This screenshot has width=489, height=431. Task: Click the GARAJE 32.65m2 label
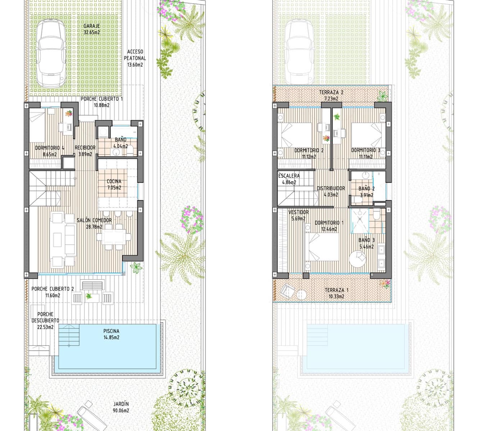(91, 29)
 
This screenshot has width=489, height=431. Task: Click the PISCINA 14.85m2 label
(111, 334)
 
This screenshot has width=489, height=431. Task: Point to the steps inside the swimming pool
(68, 335)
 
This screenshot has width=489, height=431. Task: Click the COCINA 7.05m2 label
(114, 184)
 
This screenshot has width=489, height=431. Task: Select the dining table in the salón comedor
(114, 237)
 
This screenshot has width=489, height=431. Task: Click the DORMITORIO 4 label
(50, 151)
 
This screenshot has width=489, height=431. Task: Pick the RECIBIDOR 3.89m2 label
(85, 150)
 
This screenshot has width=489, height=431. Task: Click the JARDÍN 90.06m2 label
(121, 407)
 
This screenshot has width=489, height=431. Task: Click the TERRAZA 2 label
(331, 95)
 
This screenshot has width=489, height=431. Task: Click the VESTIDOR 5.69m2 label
(298, 215)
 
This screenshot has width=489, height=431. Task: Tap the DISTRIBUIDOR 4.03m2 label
(331, 191)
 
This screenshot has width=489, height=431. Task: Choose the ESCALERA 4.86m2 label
(289, 179)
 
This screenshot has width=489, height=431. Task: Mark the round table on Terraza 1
(301, 295)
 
